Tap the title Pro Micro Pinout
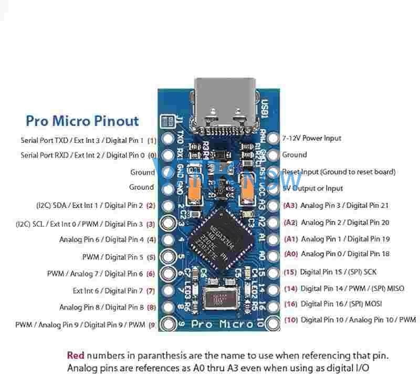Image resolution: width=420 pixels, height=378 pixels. [x=82, y=121]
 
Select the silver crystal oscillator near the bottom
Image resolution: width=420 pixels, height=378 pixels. [x=219, y=300]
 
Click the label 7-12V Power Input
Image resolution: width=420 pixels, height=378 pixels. [x=312, y=139]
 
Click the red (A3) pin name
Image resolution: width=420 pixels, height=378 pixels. [x=290, y=206]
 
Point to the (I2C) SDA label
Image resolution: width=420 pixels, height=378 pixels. [x=89, y=205]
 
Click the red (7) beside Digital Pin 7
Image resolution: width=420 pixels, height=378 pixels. [x=150, y=291]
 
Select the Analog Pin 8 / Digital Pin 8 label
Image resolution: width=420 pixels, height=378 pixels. [x=101, y=307]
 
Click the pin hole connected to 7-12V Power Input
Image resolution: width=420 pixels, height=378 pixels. [x=273, y=139]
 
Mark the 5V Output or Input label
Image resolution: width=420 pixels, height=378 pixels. [x=312, y=188]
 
